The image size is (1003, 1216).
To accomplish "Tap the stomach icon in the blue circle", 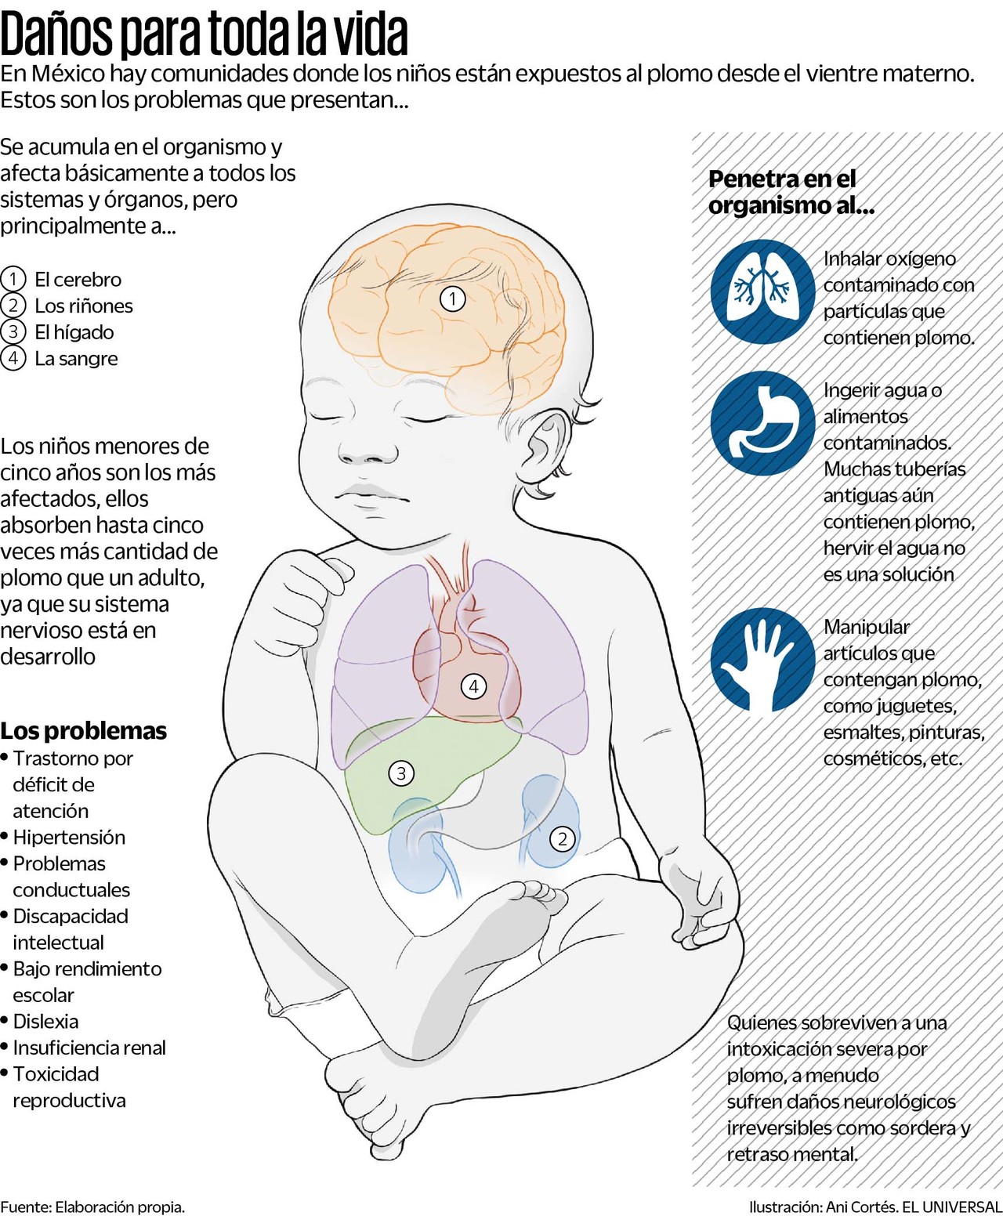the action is coord(762,423).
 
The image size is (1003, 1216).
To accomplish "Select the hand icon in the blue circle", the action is coord(762,660).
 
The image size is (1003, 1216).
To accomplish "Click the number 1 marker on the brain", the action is coord(453,299).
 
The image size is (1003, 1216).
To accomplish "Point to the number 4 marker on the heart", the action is coord(473,686).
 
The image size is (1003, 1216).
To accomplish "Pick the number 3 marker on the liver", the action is coord(401,773).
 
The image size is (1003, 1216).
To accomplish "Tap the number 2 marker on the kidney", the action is coord(562,839).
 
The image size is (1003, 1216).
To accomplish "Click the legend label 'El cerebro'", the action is coord(78,280).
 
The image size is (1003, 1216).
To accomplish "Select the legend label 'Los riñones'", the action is coord(84,306).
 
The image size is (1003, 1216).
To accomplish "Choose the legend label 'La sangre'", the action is coord(76,359).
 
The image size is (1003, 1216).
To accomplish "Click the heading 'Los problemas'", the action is coord(84,730).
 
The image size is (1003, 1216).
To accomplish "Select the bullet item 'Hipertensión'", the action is coord(69,838).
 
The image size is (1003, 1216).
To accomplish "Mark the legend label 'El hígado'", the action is coord(74,332).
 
